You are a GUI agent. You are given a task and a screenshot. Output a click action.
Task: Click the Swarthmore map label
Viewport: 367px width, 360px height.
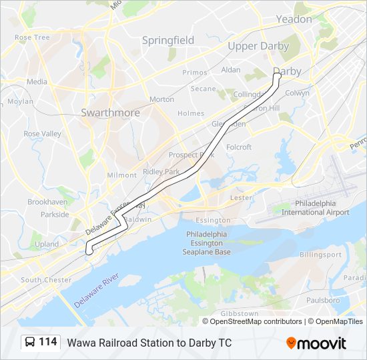[x=110, y=113]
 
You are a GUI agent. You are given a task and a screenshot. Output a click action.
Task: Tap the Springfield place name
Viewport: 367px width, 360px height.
[x=167, y=40]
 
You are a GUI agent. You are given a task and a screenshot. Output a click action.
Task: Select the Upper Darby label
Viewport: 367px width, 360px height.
[x=258, y=46]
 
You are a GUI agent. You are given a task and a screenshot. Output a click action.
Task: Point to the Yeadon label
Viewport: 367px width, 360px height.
[x=294, y=19]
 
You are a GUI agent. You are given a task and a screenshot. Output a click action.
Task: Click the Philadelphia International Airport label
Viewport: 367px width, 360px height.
[x=315, y=208]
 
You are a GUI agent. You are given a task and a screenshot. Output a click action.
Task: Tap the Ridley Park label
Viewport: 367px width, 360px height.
[x=161, y=172]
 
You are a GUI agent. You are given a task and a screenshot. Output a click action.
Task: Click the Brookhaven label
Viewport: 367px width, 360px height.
[x=47, y=201]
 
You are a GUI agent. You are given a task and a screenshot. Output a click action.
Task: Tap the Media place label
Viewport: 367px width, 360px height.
[x=37, y=82]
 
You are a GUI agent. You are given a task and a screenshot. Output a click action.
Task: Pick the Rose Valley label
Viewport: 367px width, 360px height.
[x=42, y=133]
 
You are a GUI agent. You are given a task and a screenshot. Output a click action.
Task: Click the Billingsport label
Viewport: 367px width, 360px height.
[x=320, y=255]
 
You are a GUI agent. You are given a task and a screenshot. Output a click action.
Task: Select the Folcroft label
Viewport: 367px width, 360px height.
[x=239, y=147]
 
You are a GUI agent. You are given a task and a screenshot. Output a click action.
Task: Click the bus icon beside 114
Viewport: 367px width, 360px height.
[x=31, y=342]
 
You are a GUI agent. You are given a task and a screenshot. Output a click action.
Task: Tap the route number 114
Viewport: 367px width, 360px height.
[x=48, y=342]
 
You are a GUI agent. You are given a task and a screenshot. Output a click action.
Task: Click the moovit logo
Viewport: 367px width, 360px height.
[x=316, y=343]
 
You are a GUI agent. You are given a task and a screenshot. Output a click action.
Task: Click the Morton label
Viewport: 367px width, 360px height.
[x=161, y=99]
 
